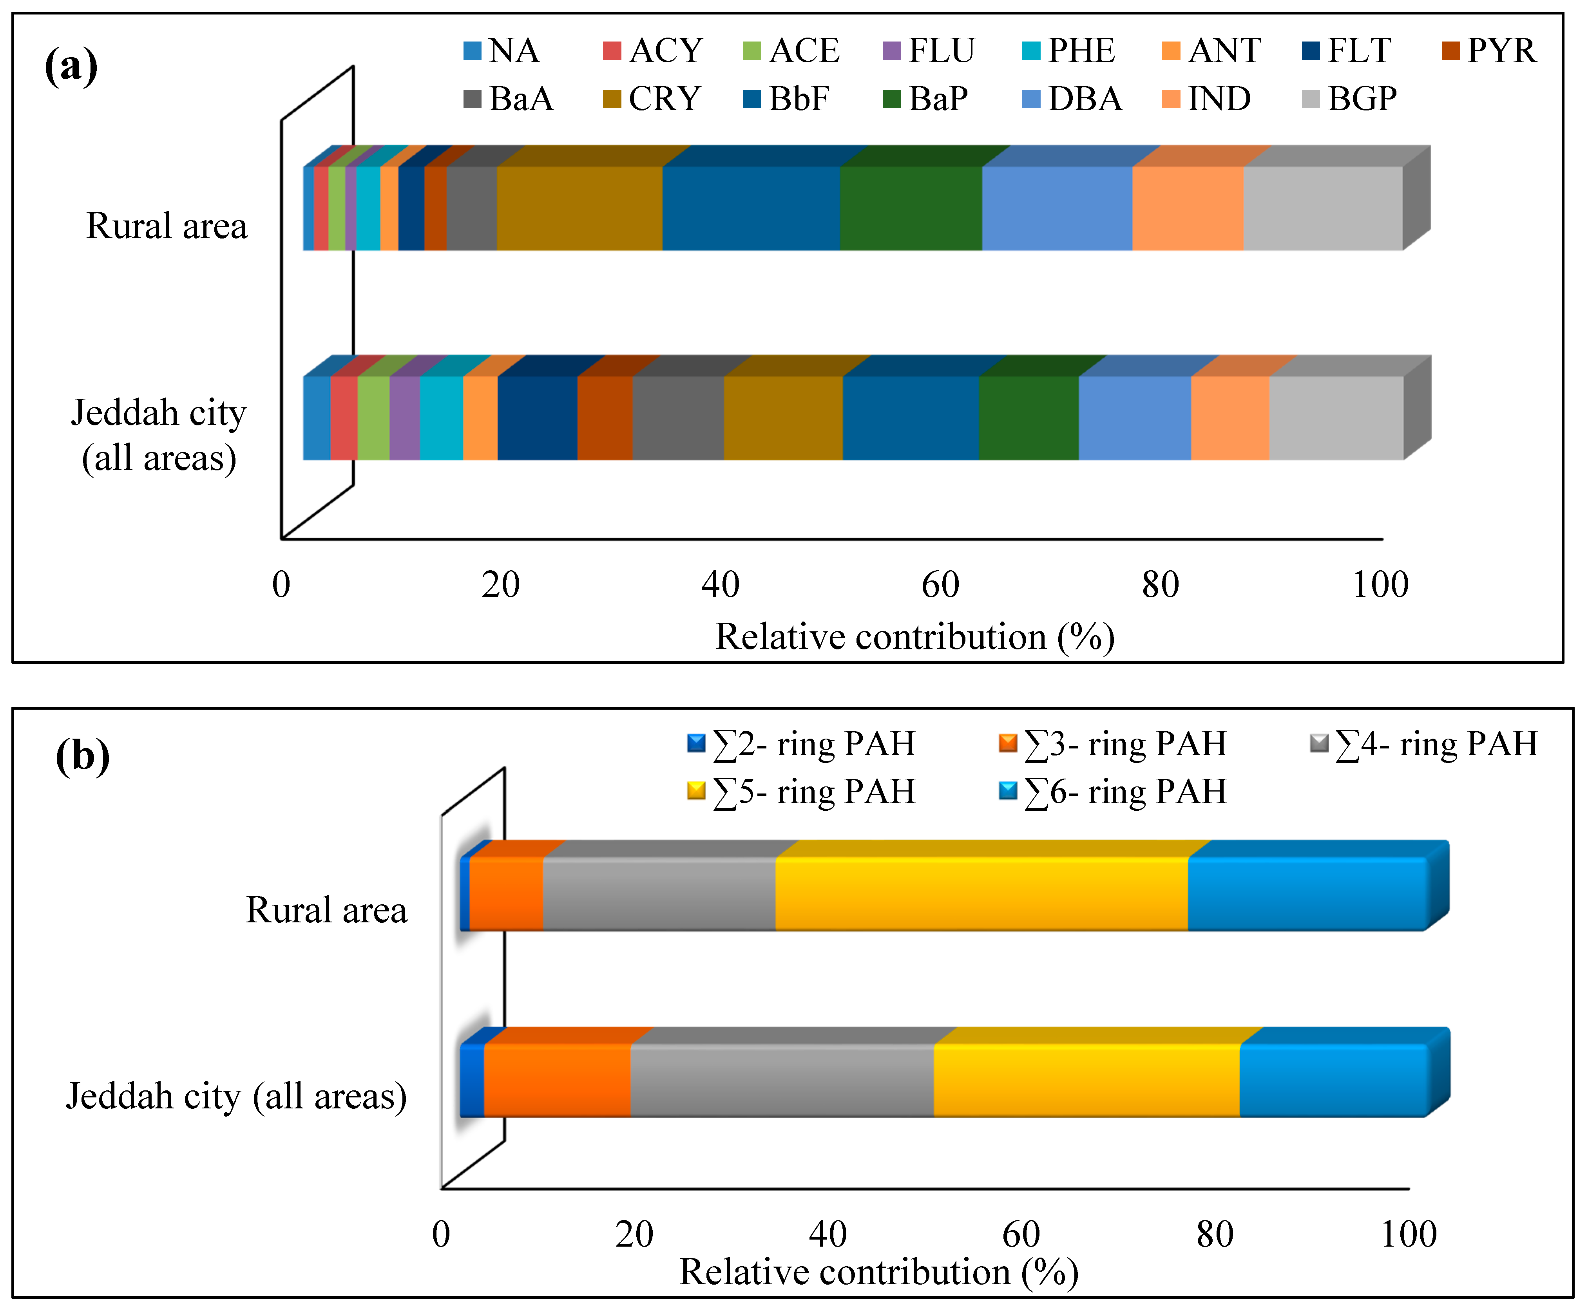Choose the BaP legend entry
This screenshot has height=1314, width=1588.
925,98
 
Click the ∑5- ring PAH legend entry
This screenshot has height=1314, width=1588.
802,792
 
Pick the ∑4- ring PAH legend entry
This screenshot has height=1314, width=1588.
1424,744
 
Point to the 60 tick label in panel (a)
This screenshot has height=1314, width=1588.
940,584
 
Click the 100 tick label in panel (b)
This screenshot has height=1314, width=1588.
1408,1234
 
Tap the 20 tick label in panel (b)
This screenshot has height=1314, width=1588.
634,1234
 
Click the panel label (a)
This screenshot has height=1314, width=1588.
71,65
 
